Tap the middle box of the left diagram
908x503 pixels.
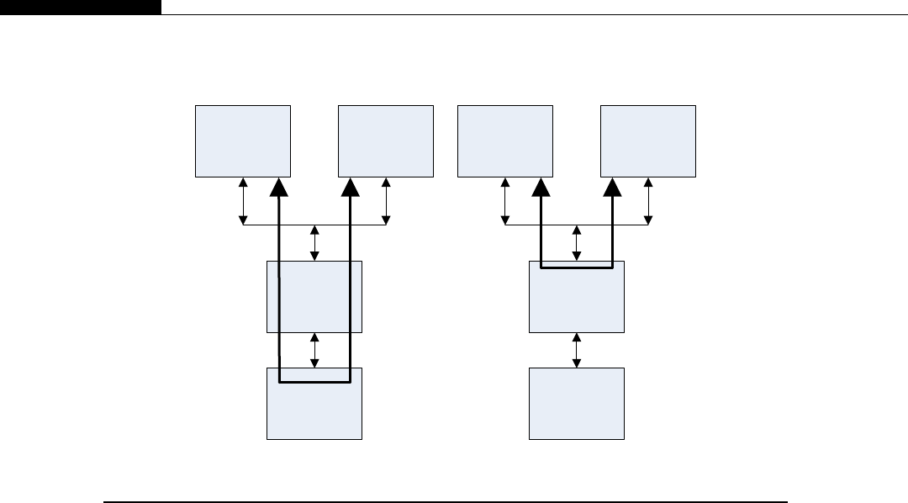[x=314, y=296]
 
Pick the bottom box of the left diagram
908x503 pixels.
[x=314, y=412]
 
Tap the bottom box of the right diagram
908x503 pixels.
[x=577, y=404]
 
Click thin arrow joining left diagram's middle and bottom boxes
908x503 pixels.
[x=314, y=350]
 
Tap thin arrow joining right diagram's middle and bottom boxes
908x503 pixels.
[x=577, y=350]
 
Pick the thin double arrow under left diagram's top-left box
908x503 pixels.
[x=243, y=200]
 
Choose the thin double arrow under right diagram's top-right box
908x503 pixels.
[x=648, y=200]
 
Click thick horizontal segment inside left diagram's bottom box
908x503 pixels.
[x=314, y=384]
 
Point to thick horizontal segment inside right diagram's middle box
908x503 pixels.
[x=577, y=267]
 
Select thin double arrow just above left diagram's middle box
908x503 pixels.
[x=314, y=243]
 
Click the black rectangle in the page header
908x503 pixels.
[x=80, y=7]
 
